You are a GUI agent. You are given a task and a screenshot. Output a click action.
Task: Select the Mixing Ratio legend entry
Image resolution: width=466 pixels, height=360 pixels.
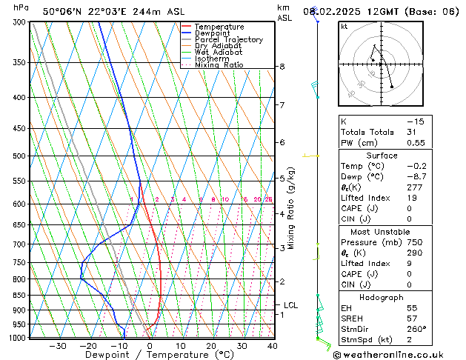(219, 65)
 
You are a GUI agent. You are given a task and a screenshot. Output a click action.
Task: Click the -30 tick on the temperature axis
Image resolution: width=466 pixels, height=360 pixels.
(58, 346)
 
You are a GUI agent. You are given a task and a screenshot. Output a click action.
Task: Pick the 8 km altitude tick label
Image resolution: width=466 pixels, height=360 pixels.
(282, 67)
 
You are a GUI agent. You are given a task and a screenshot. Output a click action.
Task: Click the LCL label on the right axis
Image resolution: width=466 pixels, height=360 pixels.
(290, 304)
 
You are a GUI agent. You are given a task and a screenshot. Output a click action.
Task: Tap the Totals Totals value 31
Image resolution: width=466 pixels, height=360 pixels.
(411, 132)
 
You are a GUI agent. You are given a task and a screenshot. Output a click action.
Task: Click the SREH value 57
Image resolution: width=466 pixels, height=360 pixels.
(411, 319)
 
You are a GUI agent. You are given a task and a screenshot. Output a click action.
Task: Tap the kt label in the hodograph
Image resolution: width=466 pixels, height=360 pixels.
(344, 27)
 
